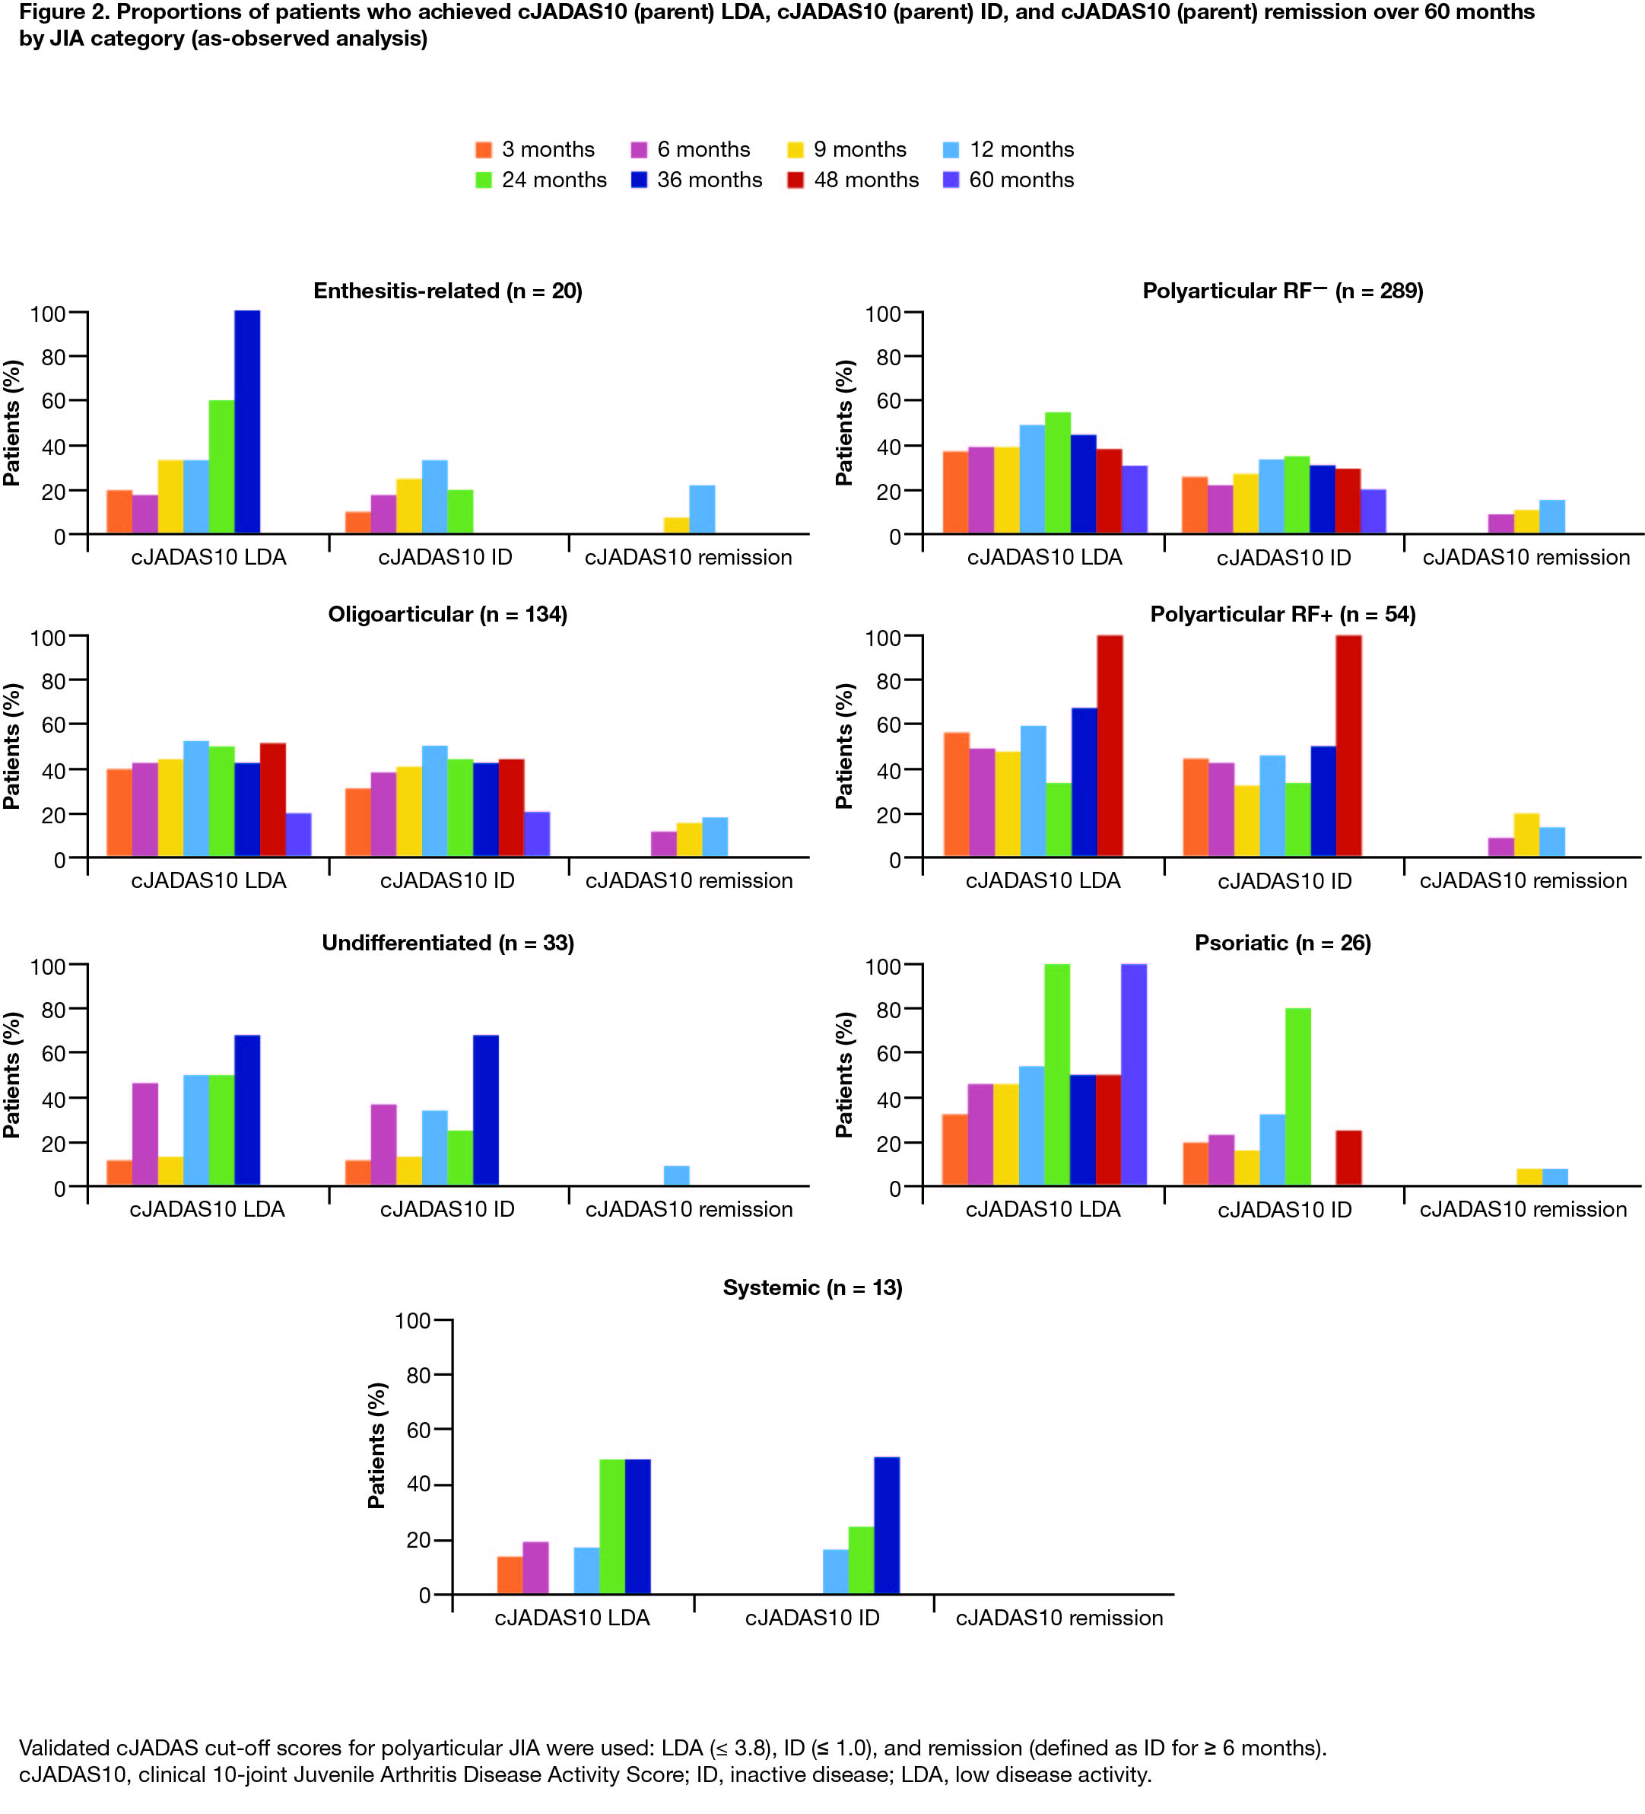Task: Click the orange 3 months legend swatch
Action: [x=484, y=149]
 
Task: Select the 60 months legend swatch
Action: [x=951, y=180]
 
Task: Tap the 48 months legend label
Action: [x=866, y=180]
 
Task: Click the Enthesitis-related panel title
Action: [x=447, y=291]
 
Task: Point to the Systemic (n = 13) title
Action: [x=812, y=1287]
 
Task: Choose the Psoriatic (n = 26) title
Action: [x=1282, y=943]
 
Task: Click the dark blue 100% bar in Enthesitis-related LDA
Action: [x=247, y=422]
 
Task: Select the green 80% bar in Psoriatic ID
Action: [x=1298, y=1097]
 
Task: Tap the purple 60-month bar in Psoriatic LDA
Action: [x=1134, y=1074]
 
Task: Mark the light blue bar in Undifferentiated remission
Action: [x=676, y=1176]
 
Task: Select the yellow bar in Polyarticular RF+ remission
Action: [x=1526, y=835]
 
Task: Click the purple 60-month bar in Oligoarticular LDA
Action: [x=299, y=835]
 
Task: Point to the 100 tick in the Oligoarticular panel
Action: [x=49, y=638]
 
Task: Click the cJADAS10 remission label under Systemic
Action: [x=1059, y=1618]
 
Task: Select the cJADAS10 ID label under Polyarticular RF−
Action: [x=1284, y=558]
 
